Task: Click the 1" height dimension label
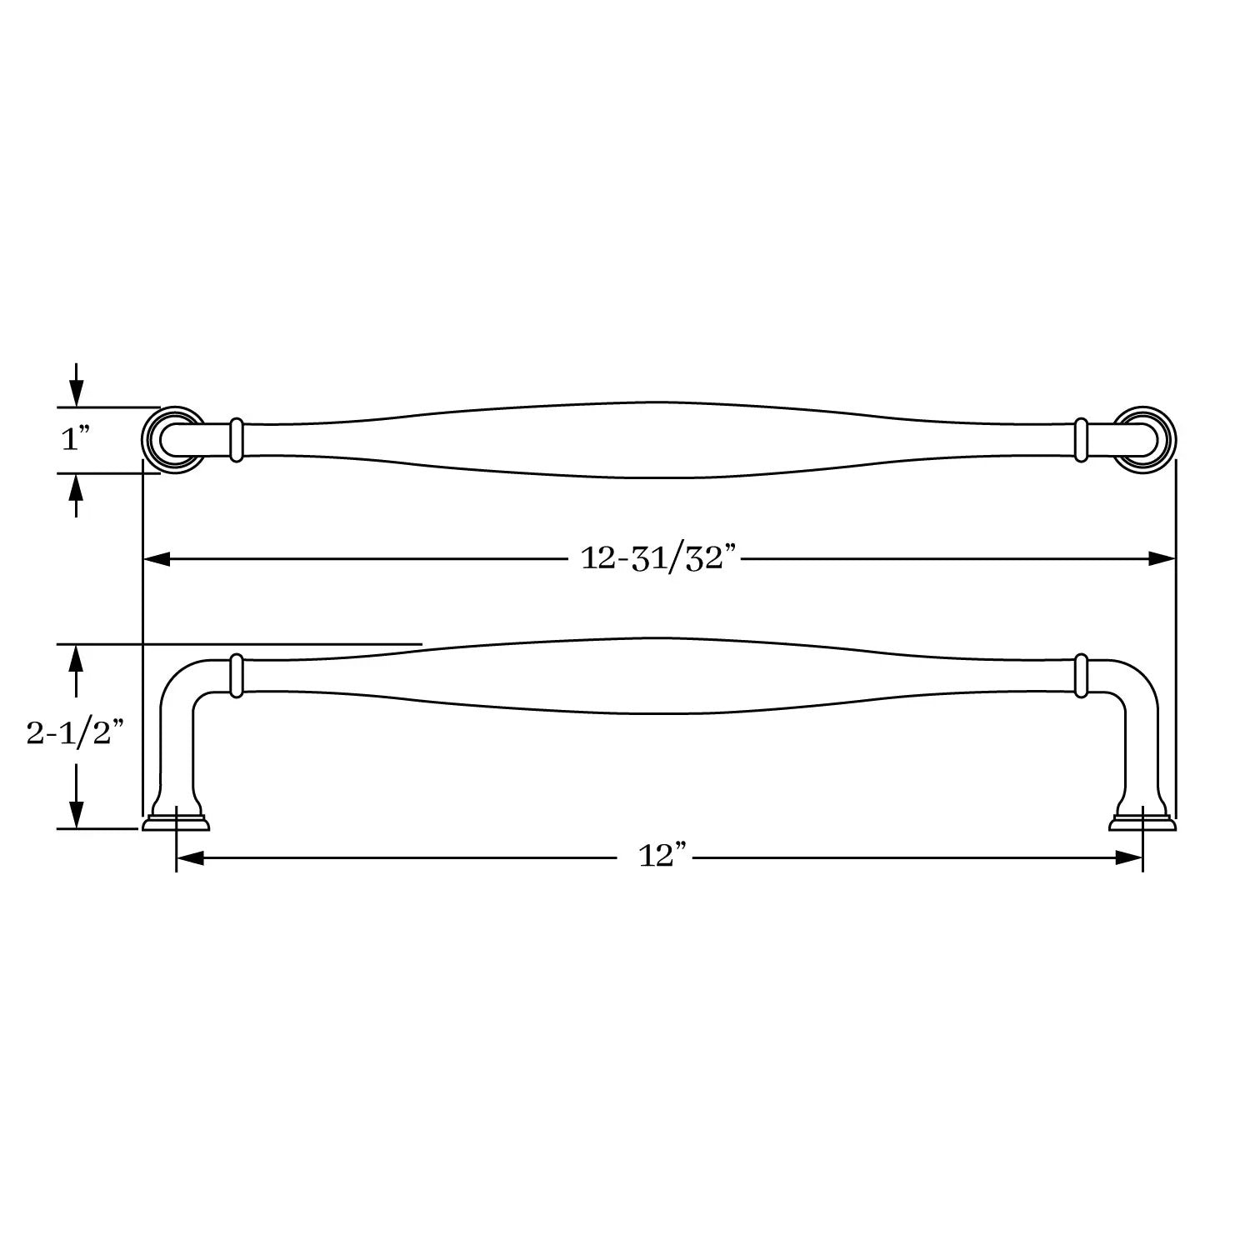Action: (74, 439)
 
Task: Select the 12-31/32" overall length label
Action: (660, 558)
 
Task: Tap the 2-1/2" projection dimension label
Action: (75, 734)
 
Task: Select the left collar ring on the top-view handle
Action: (236, 439)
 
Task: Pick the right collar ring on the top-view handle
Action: (1082, 439)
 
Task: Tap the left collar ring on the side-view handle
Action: (236, 675)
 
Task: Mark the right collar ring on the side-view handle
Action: (1082, 675)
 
